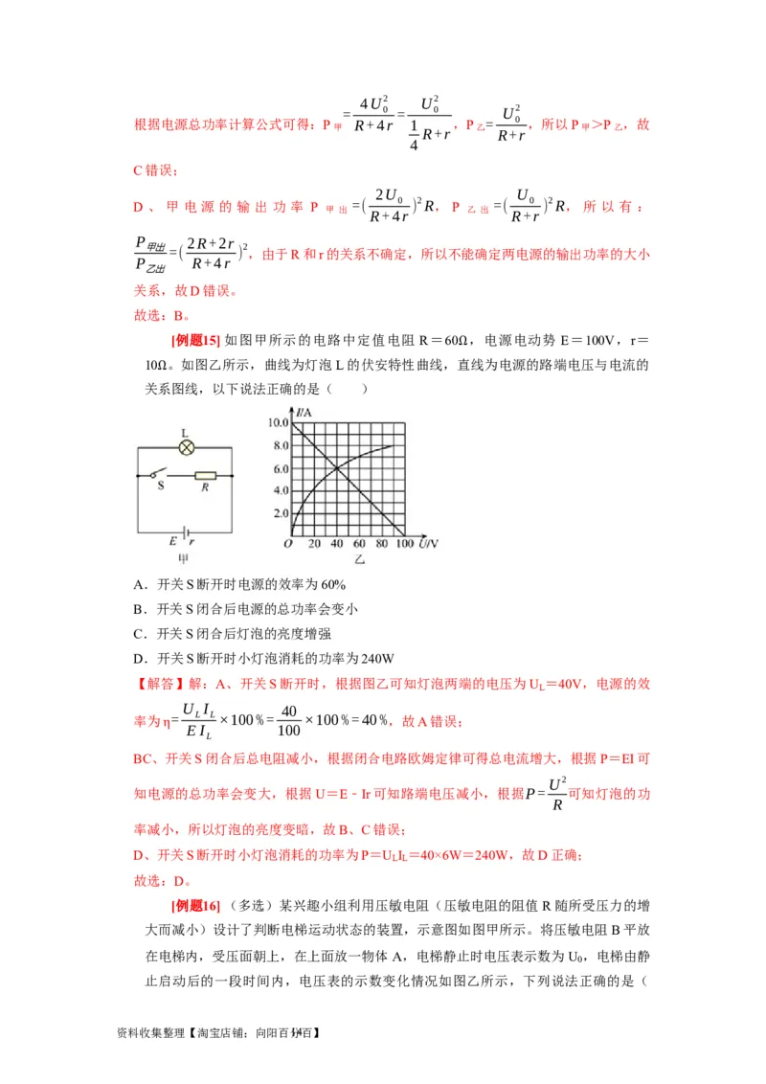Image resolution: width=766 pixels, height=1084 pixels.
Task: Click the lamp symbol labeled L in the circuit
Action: click(x=189, y=446)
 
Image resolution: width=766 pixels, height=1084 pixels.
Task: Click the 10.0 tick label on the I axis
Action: click(x=278, y=422)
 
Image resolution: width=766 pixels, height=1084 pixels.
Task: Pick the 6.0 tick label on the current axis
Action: click(x=280, y=468)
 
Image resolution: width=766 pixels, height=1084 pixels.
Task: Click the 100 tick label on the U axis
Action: click(x=401, y=544)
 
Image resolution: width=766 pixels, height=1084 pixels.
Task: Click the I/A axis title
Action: click(x=305, y=412)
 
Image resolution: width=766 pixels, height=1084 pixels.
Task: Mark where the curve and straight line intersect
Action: click(x=335, y=467)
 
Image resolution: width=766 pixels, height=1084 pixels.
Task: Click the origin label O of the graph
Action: click(x=287, y=544)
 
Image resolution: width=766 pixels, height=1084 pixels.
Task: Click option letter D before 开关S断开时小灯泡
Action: click(x=138, y=658)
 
